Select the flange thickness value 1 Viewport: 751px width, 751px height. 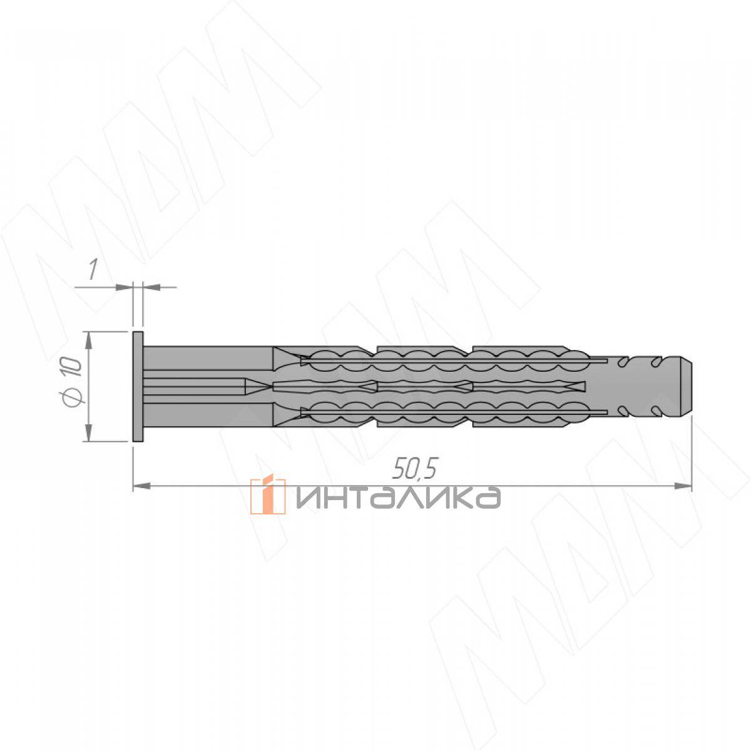click(x=92, y=269)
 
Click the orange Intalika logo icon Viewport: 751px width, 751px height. click(x=267, y=496)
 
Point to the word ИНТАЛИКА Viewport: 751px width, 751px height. click(x=397, y=498)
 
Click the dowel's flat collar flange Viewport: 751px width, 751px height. click(x=138, y=387)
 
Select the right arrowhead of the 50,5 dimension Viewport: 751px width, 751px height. click(x=683, y=486)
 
